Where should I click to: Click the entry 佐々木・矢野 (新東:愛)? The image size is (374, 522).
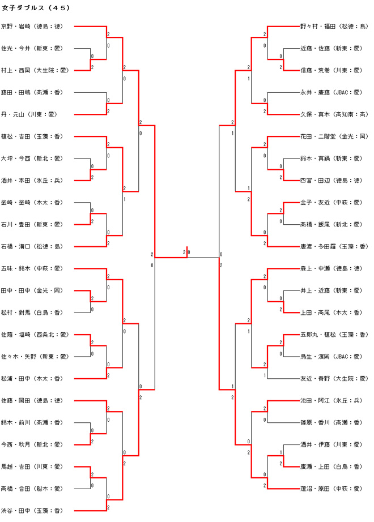[35, 357]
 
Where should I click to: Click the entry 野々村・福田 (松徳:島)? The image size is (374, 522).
[334, 26]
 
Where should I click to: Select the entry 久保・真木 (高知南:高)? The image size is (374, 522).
[334, 114]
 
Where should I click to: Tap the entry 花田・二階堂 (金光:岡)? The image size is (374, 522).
[334, 136]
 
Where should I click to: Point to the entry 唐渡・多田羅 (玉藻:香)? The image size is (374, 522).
[334, 246]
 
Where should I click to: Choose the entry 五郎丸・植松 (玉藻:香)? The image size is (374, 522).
[334, 335]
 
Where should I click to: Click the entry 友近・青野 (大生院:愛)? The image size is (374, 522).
[334, 379]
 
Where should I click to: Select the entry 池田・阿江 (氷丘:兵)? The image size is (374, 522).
[331, 401]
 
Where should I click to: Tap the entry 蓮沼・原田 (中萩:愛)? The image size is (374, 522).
[331, 489]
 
